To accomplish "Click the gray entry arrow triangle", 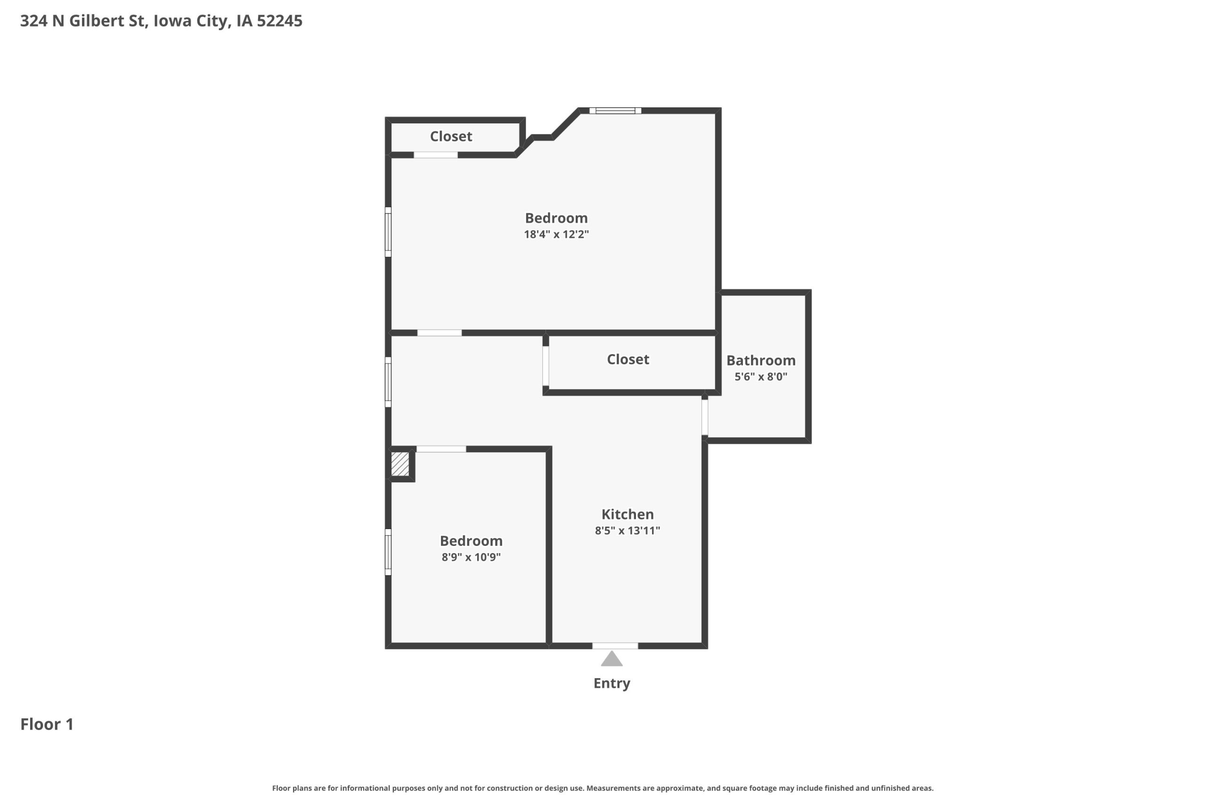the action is pos(612,659).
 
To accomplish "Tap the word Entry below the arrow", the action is pos(612,683).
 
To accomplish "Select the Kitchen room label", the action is pos(627,514).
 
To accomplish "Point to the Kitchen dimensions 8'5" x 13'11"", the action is pos(627,531).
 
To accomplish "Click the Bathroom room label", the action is pos(761,360).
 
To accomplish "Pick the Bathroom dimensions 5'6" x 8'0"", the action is pos(761,377).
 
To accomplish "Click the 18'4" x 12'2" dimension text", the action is pos(556,235).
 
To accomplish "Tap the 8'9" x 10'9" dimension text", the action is pos(471,557).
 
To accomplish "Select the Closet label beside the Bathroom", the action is pos(628,359).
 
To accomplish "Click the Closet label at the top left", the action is pos(451,137).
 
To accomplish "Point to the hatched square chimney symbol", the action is pos(400,463).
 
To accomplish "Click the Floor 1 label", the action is pos(47,724).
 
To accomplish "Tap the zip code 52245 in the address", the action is pos(279,21).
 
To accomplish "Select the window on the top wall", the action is pos(615,111).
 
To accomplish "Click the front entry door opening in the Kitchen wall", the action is pos(615,646).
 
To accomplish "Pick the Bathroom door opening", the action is pos(705,417).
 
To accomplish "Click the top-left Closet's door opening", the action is pos(436,155).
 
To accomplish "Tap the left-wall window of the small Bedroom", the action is pos(388,552).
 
